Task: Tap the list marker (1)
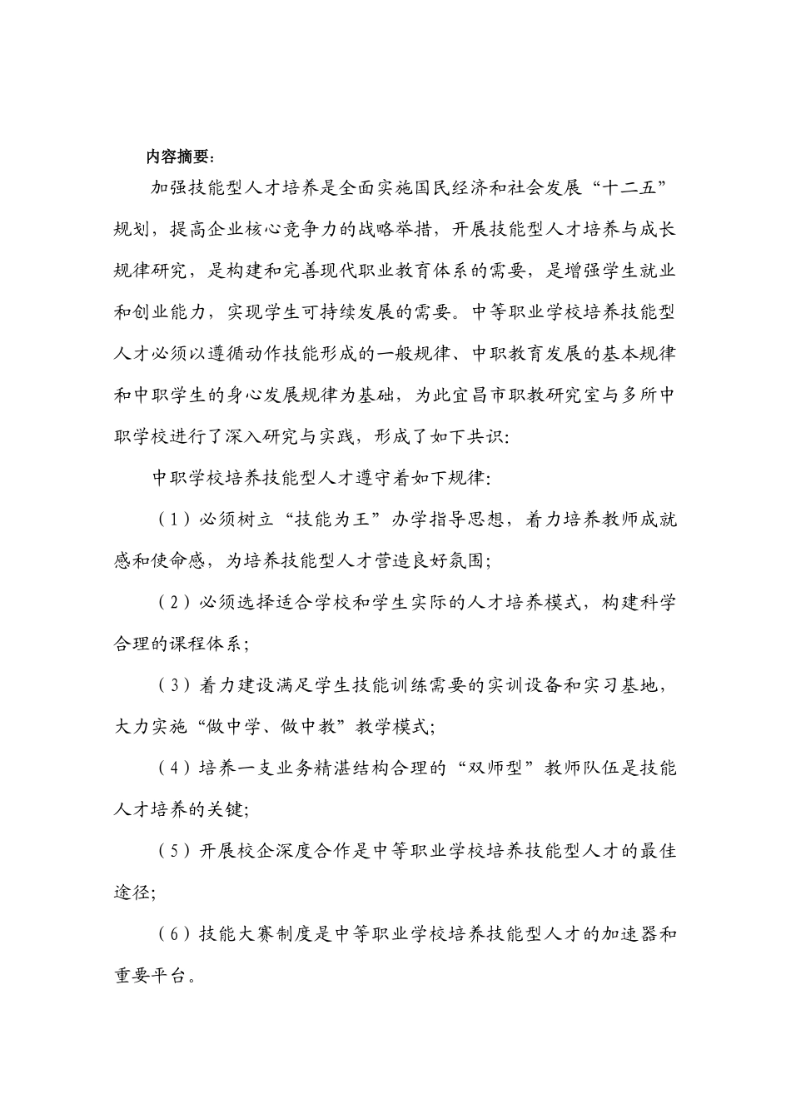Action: (x=174, y=520)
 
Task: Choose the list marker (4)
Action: (x=174, y=768)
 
